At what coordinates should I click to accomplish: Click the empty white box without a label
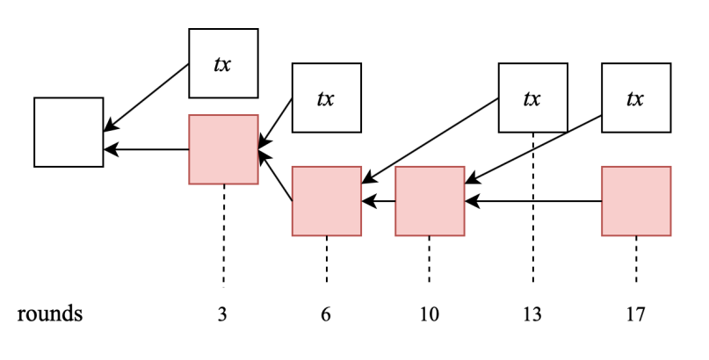[69, 132]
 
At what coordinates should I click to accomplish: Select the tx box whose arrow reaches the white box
[223, 63]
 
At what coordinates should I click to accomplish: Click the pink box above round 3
[223, 149]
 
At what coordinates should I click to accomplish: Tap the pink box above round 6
[326, 201]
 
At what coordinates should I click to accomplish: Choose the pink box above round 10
[430, 201]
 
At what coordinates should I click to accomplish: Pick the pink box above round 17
[636, 201]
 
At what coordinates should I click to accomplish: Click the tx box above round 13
[532, 97]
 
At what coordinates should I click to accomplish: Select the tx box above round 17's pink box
[636, 97]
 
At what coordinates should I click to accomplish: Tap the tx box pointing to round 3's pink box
[326, 97]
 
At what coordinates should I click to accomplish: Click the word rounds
[50, 313]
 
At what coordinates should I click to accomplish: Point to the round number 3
[223, 314]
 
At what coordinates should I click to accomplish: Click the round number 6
[326, 314]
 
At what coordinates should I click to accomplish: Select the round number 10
[430, 314]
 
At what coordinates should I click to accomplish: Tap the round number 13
[532, 314]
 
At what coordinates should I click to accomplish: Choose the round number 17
[636, 314]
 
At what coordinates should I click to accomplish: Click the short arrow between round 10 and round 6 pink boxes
[379, 201]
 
